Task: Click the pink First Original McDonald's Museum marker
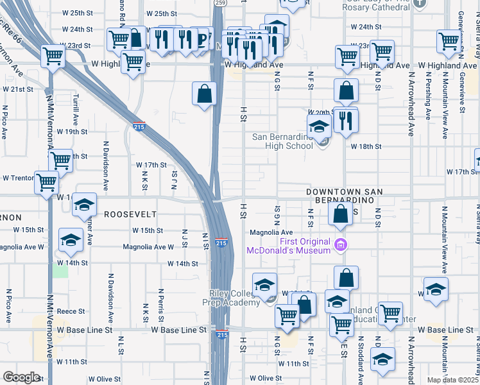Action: tap(341, 244)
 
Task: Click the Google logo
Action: tap(21, 377)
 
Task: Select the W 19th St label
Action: tap(72, 132)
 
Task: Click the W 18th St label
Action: tap(366, 147)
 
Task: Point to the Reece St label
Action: tap(71, 311)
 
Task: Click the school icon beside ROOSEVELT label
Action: tap(83, 206)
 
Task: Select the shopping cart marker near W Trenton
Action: tap(47, 183)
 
